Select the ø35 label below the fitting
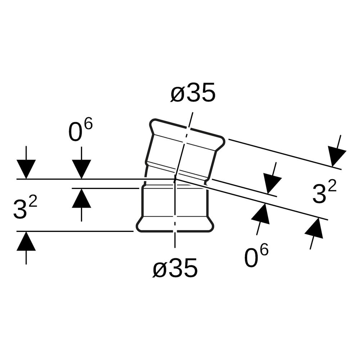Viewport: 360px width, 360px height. [x=175, y=267]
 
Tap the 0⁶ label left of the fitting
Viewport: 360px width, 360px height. [x=80, y=130]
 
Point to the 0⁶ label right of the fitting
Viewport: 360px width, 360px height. [x=256, y=256]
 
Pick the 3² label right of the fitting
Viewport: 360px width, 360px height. [x=324, y=192]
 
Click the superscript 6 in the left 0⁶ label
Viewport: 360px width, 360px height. [x=89, y=125]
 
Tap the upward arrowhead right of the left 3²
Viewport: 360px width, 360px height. [x=81, y=198]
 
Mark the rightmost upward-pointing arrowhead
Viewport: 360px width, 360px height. [x=315, y=228]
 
